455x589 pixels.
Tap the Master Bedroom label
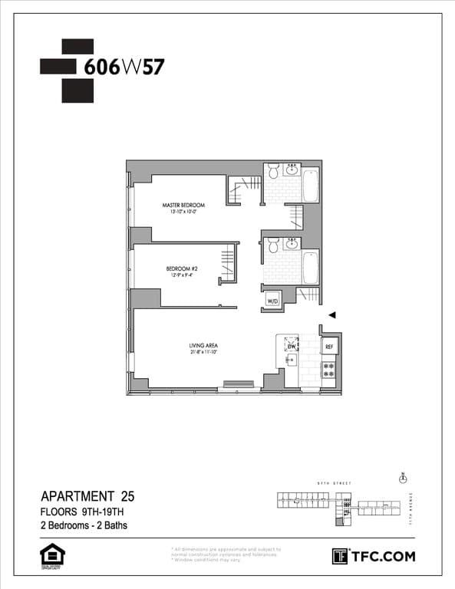[x=184, y=206]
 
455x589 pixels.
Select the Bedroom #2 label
[x=182, y=268]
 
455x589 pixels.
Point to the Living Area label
[x=205, y=346]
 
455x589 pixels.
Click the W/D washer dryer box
[x=272, y=301]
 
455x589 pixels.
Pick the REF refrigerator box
[x=329, y=347]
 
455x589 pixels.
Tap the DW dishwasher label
[x=292, y=347]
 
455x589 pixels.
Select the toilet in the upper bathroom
[x=272, y=173]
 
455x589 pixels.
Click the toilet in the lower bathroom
[x=272, y=246]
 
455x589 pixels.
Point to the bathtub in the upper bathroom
[x=310, y=184]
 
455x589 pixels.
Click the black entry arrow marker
[x=332, y=315]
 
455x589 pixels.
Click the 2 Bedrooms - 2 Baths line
[x=84, y=526]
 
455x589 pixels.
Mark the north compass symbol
[x=403, y=477]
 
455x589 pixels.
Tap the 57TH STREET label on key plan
[x=335, y=483]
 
